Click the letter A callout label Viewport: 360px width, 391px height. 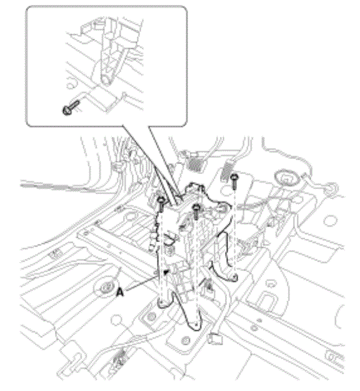click(x=120, y=292)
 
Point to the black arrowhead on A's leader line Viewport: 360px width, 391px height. click(x=166, y=272)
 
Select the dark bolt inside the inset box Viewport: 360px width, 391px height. click(x=71, y=108)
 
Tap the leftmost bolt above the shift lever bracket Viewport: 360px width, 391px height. click(x=161, y=204)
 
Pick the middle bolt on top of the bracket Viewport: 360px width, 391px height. click(x=197, y=211)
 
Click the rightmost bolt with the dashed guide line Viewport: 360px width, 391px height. click(x=234, y=181)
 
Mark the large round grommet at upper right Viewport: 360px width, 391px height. click(x=286, y=178)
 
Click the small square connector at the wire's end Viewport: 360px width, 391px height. click(x=215, y=339)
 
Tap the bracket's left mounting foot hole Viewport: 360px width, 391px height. click(x=161, y=302)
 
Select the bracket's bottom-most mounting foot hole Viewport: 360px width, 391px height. click(x=197, y=325)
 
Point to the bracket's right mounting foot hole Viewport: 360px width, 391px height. click(x=234, y=277)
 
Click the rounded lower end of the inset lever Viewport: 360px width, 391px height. click(x=107, y=80)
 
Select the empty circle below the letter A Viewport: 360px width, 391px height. click(x=117, y=320)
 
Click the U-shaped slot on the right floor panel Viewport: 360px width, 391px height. click(x=266, y=299)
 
